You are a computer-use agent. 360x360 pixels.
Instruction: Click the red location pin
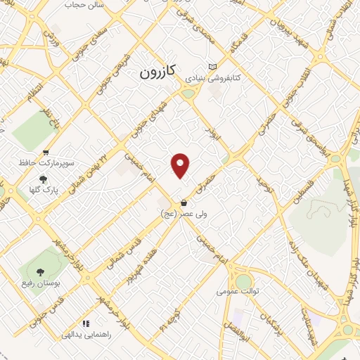tap(181, 165)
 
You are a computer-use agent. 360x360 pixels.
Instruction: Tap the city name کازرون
tap(160, 71)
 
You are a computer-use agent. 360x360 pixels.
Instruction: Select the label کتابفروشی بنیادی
tap(218, 79)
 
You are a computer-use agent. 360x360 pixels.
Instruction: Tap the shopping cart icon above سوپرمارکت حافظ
tap(46, 152)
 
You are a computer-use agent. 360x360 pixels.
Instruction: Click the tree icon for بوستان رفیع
tap(39, 271)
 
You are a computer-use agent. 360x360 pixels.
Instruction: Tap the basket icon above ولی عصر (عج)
tap(184, 202)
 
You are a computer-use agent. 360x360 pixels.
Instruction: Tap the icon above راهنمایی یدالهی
tap(86, 324)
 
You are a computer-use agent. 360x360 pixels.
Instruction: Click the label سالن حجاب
tap(84, 4)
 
